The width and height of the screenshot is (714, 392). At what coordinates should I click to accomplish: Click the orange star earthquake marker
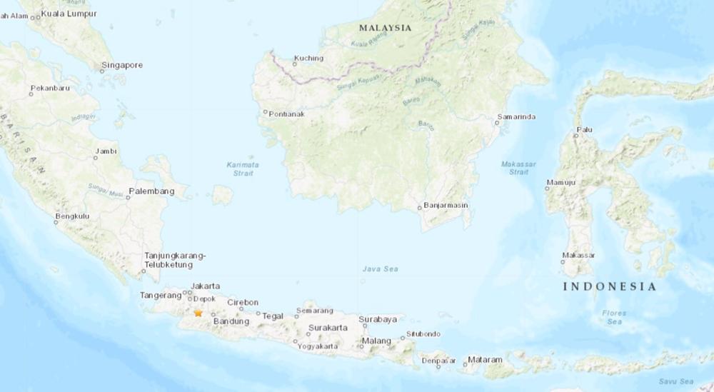pos(198,313)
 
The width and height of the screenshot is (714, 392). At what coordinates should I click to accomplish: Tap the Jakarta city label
pos(206,286)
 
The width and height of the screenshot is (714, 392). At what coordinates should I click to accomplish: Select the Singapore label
pos(122,65)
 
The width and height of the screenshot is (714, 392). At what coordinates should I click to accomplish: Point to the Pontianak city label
pos(286,113)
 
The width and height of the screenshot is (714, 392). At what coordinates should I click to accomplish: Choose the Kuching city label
pos(309,59)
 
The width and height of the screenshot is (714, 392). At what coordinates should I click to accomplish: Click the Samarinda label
pos(516,117)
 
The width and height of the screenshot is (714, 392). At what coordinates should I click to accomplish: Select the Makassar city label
pos(578,255)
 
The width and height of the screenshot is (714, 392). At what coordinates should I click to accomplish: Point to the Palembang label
pos(151,191)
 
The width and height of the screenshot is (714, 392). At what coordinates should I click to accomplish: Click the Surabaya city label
pos(378,319)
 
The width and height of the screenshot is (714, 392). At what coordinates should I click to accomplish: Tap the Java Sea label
pos(381,268)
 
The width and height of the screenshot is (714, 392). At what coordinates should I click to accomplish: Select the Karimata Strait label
pos(243,169)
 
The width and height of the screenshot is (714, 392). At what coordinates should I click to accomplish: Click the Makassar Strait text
pos(515,167)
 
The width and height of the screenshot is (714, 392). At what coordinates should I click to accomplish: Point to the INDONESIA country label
pos(609,286)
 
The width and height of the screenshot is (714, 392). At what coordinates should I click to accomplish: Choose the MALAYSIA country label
pos(386,28)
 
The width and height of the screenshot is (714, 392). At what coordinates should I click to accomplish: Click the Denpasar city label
pos(438,360)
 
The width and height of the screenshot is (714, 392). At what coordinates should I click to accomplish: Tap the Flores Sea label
pos(614,317)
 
